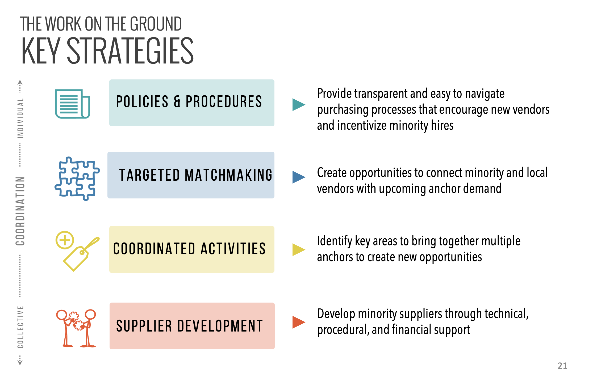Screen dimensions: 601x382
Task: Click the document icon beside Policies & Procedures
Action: tap(72, 104)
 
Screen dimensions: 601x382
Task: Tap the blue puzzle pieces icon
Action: tap(77, 179)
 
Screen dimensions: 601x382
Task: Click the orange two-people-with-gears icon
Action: tap(76, 328)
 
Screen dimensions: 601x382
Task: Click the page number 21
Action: tap(562, 366)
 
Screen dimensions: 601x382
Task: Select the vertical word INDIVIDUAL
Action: tap(20, 118)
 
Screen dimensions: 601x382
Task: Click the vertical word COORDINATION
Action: tap(20, 211)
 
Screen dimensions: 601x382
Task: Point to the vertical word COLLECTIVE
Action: tap(20, 327)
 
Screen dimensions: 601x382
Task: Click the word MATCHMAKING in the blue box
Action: tap(229, 175)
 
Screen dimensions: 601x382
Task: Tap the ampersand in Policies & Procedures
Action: tap(177, 101)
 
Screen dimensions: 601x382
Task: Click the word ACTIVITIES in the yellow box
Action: tap(233, 249)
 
